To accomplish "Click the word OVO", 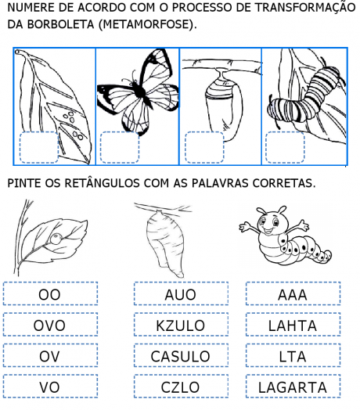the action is (49, 325).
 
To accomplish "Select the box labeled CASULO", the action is (181, 355).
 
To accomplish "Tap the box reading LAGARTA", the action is (293, 387).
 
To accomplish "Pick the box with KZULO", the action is (181, 325).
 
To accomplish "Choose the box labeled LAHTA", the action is (293, 325).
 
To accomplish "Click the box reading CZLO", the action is (181, 387).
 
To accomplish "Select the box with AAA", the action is (293, 294).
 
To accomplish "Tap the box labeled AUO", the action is (181, 294).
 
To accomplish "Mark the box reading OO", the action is (51, 294).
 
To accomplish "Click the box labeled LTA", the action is (293, 355).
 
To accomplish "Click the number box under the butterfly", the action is (120, 147).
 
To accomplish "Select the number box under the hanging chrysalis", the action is (204, 147).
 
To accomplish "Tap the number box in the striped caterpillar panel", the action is (285, 147).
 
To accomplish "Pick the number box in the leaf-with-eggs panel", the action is (38, 147).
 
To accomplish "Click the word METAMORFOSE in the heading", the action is (146, 24).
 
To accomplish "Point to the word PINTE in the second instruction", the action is (24, 183).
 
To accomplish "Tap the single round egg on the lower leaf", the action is (56, 239).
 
